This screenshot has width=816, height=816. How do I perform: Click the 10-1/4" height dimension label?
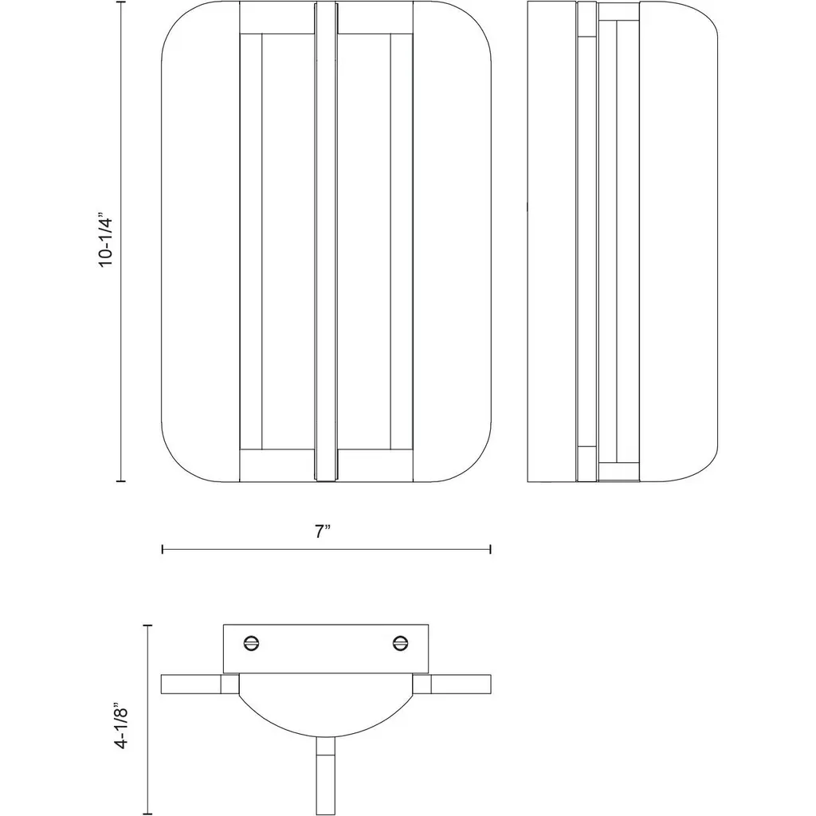coord(106,239)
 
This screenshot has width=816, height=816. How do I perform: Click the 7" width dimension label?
coord(324,532)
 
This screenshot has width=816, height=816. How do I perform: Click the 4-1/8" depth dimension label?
coord(121,728)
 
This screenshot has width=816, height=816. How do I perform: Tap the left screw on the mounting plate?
coord(251,643)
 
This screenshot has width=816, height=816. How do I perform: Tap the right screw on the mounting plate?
coord(401,643)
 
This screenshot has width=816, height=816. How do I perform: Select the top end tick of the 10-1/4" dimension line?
coord(121,2)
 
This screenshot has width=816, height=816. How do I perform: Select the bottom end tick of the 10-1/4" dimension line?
coord(121,481)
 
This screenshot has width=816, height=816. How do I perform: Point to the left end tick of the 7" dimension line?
coord(163,549)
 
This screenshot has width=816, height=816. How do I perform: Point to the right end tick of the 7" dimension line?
coord(490,549)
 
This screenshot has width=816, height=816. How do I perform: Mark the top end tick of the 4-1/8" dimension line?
coord(148,625)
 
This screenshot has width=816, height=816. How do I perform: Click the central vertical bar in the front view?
coord(326,241)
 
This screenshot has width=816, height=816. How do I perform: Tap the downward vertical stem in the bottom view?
coord(326,775)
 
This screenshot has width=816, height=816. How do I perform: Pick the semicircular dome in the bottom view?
coord(326,705)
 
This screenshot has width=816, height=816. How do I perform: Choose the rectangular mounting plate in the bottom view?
coord(326,649)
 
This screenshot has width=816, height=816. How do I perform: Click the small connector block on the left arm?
coord(230,685)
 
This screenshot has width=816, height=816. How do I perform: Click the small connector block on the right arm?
coord(422,685)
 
